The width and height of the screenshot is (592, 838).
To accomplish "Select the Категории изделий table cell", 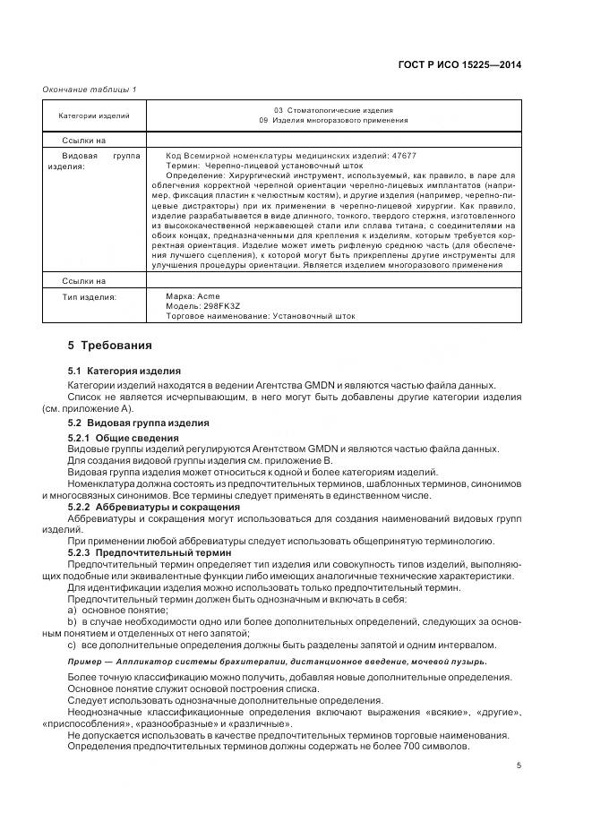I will coord(93,115).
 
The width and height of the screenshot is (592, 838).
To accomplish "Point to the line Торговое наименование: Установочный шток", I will coord(260,315).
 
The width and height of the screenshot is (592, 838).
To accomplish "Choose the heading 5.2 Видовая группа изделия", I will coord(139,422).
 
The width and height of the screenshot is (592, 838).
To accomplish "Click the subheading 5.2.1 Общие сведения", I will coord(124,438).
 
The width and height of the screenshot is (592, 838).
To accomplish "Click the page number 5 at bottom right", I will coord(519,765).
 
